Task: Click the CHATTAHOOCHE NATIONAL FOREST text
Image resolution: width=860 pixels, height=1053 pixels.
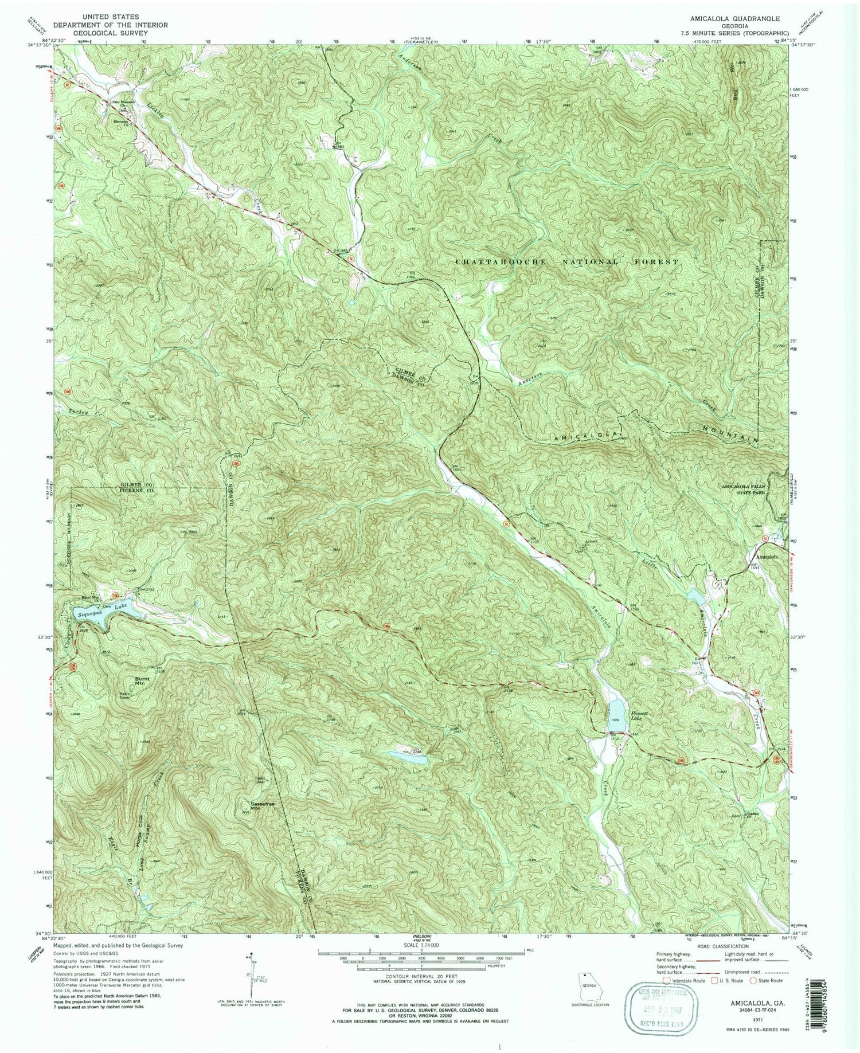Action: click(566, 262)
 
